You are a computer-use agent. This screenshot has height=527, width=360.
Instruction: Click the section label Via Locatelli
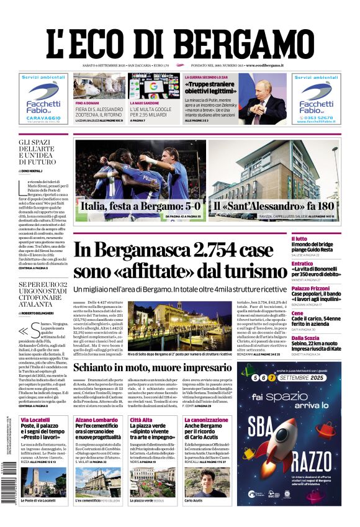[x=35, y=420]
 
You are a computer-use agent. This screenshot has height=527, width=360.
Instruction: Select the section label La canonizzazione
[x=206, y=420]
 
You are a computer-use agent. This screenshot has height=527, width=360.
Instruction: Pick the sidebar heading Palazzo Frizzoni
[x=310, y=288]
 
